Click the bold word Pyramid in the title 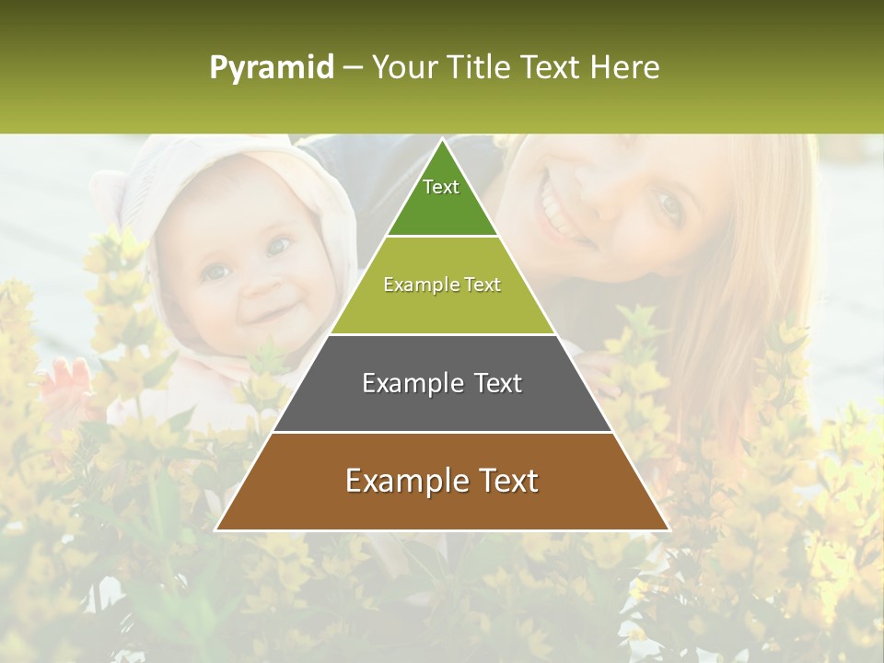(271, 68)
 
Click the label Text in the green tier (441, 187)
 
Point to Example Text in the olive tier (442, 285)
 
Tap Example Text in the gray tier (442, 383)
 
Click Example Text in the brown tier (442, 481)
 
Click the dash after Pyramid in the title (353, 68)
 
